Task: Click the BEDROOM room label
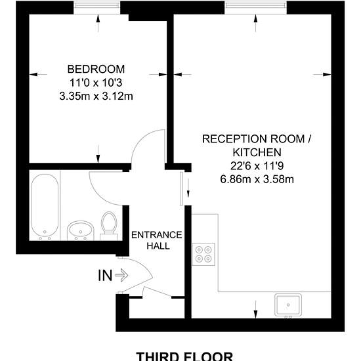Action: point(96,70)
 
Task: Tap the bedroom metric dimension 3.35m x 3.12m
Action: point(96,96)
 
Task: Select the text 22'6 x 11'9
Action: point(257,166)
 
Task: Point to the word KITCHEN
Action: point(257,152)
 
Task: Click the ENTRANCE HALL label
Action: point(157,240)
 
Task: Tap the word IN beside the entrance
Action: point(105,276)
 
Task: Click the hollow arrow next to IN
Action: point(121,276)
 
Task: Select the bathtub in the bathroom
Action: point(45,207)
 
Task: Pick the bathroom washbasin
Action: point(80,230)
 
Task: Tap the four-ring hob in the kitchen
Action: point(203,254)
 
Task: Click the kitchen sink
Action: point(288,305)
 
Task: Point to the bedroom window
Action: point(96,8)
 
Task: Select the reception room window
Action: point(255,8)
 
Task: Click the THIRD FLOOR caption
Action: point(184,356)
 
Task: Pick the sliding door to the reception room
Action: point(181,188)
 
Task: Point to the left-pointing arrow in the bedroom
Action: point(38,74)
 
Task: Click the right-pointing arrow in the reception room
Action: point(322,74)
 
